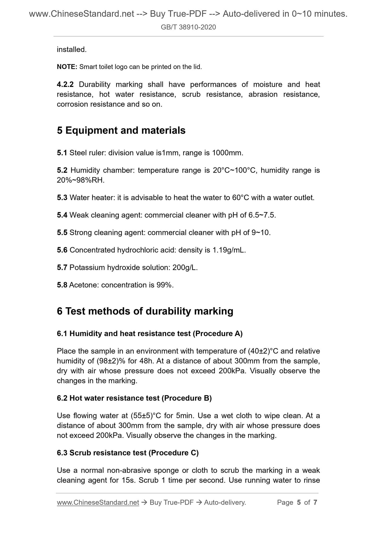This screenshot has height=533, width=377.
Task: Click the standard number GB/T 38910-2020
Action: [188, 27]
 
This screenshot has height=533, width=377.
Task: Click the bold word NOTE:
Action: [67, 67]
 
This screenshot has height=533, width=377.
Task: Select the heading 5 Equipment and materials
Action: [121, 130]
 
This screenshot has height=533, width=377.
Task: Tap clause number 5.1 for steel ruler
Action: [62, 153]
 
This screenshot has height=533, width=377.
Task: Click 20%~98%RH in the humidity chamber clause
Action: [80, 180]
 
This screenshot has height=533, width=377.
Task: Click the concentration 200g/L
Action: [185, 268]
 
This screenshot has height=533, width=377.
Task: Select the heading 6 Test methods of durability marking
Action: [145, 311]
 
